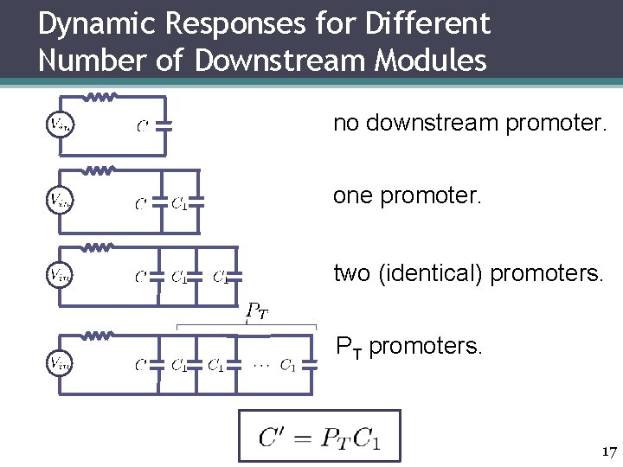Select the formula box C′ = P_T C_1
pos(319,435)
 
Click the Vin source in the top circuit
pos(58,125)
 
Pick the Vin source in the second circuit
pos(58,201)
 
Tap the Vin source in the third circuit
pos(58,275)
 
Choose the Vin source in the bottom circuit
pos(58,361)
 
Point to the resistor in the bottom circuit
pos(99,334)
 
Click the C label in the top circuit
pos(143,126)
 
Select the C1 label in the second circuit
pos(179,204)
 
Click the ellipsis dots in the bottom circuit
pos(260,364)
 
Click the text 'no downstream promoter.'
pos(470,125)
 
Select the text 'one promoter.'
pos(406,197)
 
